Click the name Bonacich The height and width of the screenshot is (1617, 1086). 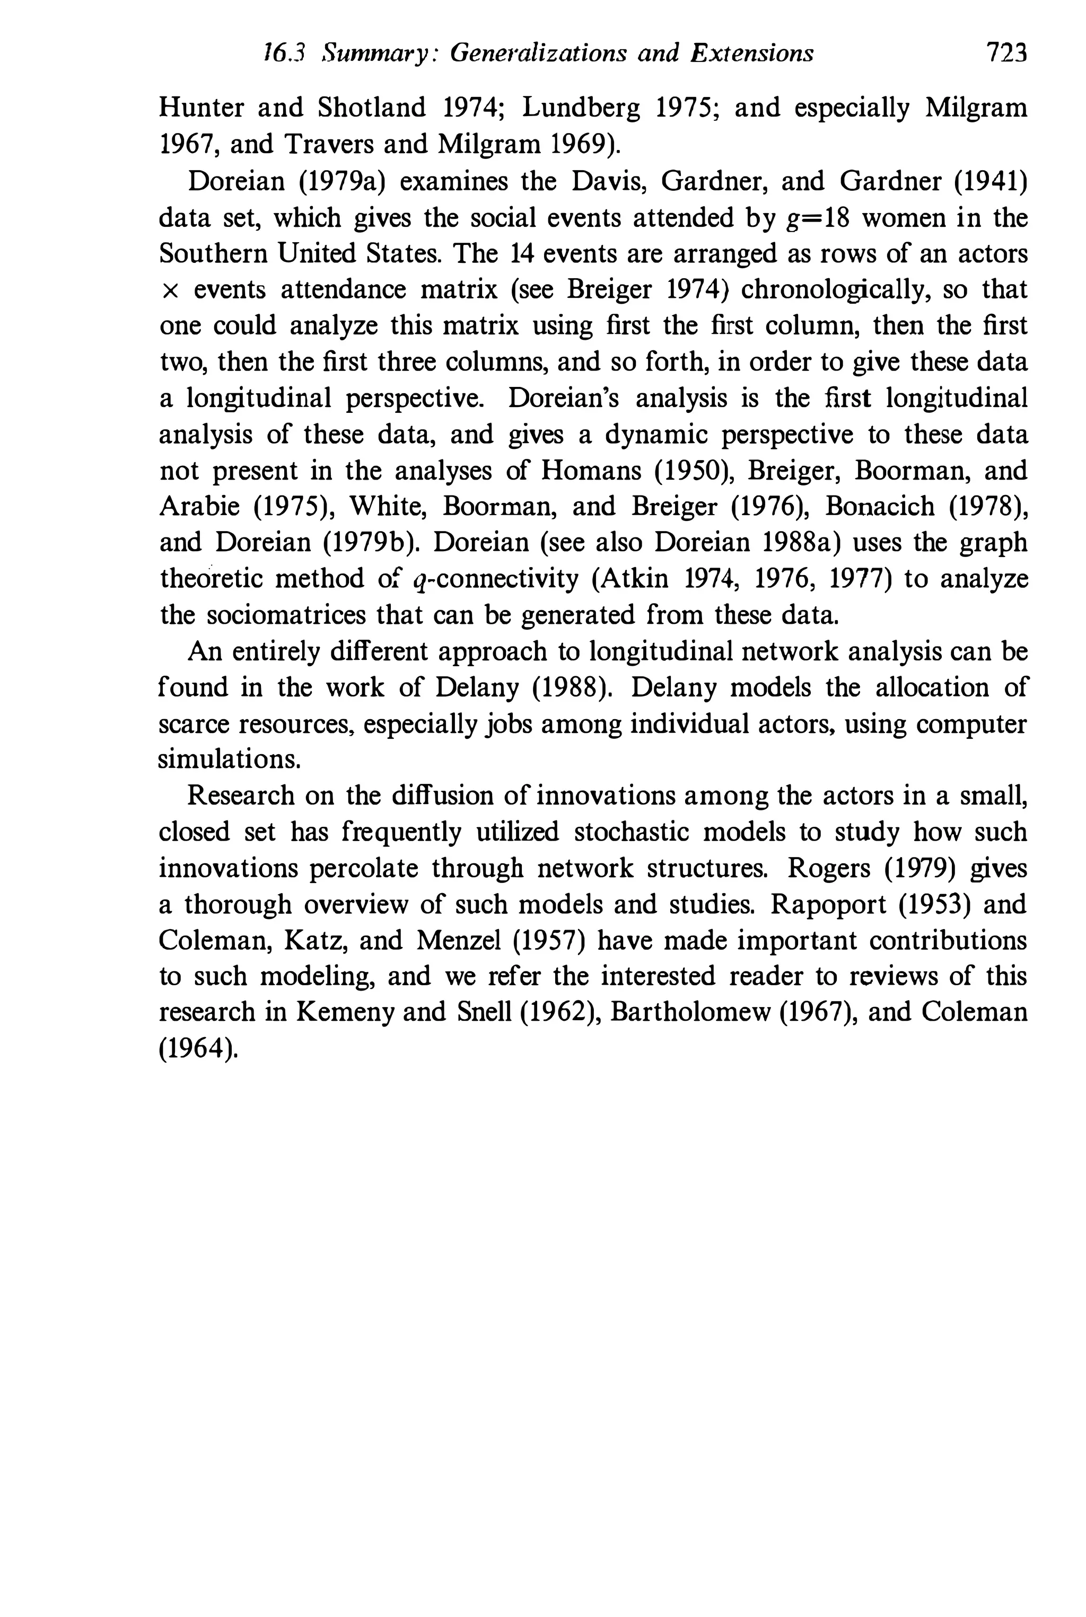click(x=880, y=507)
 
